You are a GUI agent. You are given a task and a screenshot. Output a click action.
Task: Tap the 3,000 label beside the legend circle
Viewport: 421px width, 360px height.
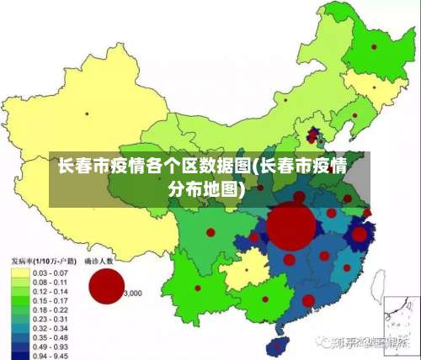(x=133, y=294)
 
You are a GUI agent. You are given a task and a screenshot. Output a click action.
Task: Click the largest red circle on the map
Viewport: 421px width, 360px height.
(x=291, y=226)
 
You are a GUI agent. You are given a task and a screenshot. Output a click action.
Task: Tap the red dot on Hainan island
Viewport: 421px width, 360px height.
(x=270, y=346)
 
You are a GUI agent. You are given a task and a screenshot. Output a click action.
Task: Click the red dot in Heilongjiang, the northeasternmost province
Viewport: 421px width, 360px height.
(x=373, y=47)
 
